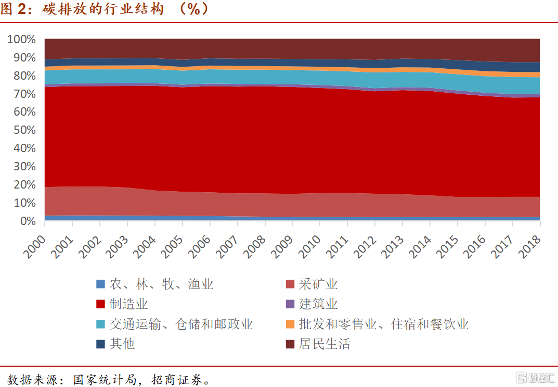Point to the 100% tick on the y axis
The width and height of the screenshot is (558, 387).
22,40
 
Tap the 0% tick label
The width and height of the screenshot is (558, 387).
27,221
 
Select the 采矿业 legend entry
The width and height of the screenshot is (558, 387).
318,284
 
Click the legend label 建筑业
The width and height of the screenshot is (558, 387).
318,304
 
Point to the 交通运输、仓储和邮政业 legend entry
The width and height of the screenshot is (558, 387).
181,324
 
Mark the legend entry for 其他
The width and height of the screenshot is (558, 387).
122,344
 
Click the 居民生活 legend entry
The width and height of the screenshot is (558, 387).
324,344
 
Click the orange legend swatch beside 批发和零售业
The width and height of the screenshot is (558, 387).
290,324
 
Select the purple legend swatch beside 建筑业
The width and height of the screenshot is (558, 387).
290,304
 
